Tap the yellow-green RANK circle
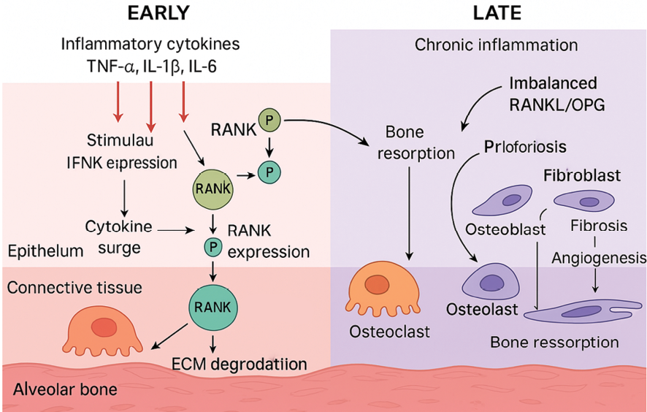213,189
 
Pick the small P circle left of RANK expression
213,246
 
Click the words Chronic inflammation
496,45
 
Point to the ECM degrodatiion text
238,363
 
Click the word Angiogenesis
598,257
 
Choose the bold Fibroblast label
581,176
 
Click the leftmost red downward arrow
118,102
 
